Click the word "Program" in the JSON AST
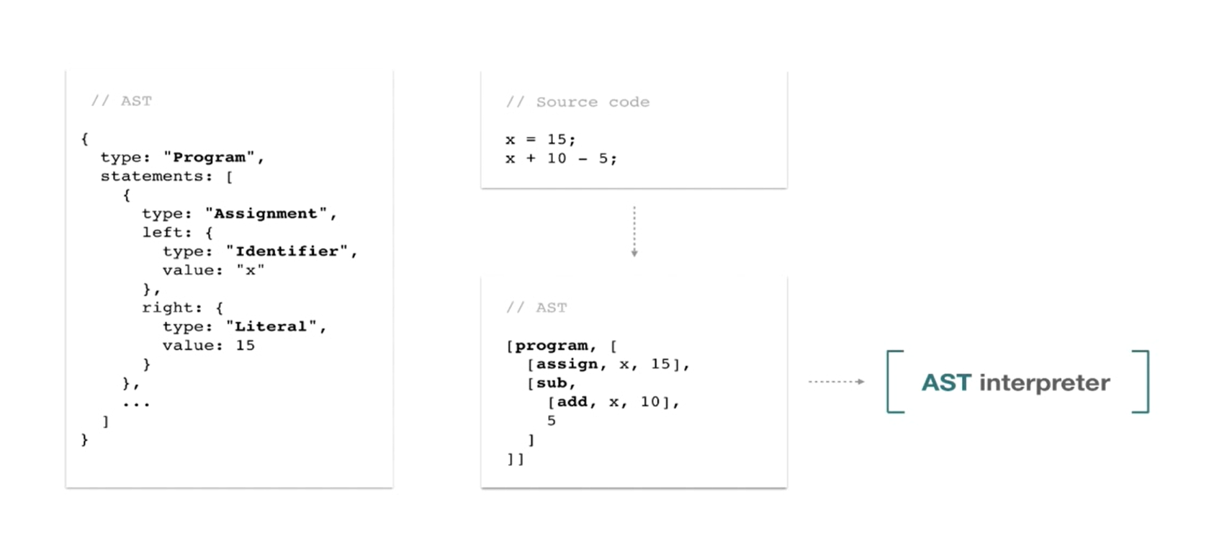(209, 158)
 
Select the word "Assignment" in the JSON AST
(266, 213)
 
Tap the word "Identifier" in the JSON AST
(287, 251)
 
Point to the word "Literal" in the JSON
(271, 326)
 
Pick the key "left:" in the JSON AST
(167, 233)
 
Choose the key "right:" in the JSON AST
(172, 308)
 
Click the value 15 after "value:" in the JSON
(246, 345)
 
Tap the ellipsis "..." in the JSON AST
(136, 404)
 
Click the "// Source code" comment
(578, 102)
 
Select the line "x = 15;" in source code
(540, 140)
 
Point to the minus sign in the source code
(583, 158)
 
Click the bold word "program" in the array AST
(552, 346)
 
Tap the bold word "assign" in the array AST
(567, 364)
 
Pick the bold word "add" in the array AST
(572, 402)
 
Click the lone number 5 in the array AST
(552, 421)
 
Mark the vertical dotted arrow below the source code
(634, 232)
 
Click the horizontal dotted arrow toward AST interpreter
(836, 382)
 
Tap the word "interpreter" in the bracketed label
(1045, 382)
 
